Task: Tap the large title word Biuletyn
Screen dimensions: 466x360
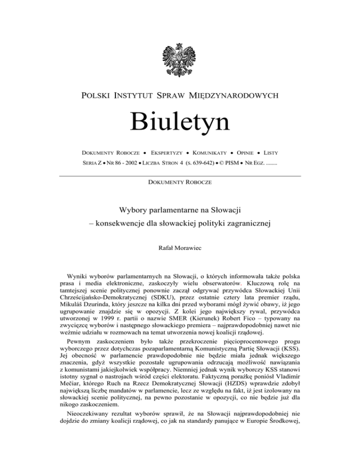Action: pos(180,120)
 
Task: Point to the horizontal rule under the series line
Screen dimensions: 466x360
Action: pos(180,175)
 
